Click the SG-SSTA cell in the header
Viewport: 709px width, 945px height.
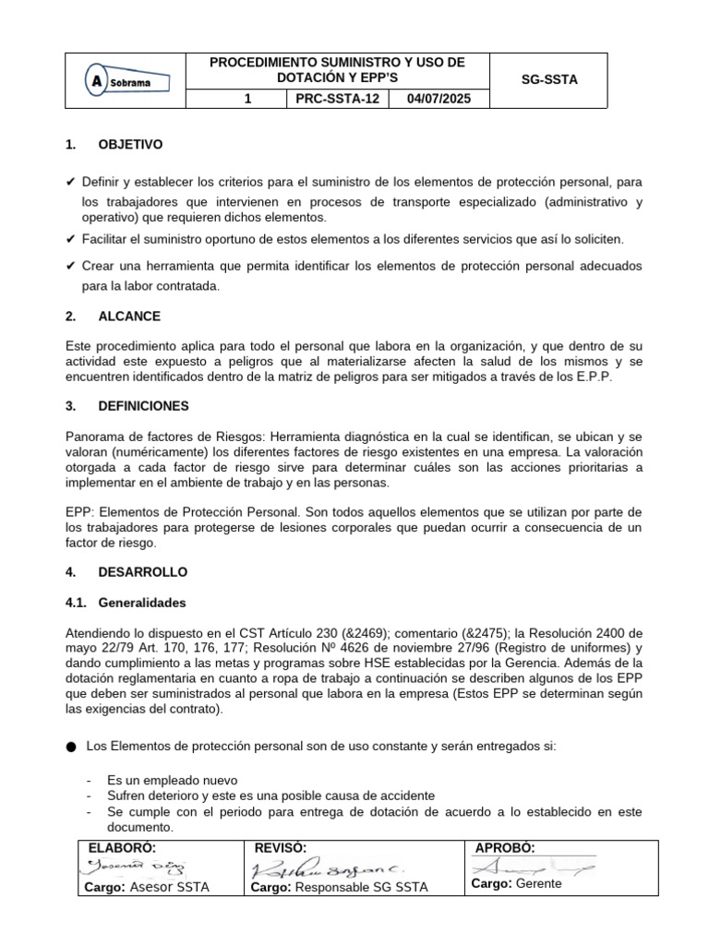(x=550, y=80)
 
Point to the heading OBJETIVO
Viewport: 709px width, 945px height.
(x=130, y=145)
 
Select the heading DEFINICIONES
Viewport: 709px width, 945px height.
(x=143, y=406)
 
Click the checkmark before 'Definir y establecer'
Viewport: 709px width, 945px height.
(x=71, y=182)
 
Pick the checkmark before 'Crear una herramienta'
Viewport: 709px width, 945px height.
(x=71, y=266)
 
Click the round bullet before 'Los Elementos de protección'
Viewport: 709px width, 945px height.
(x=72, y=746)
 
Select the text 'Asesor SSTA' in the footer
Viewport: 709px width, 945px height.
(x=170, y=887)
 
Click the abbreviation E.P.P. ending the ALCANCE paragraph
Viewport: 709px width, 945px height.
(x=619, y=377)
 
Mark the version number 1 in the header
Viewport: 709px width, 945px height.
(x=248, y=99)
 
